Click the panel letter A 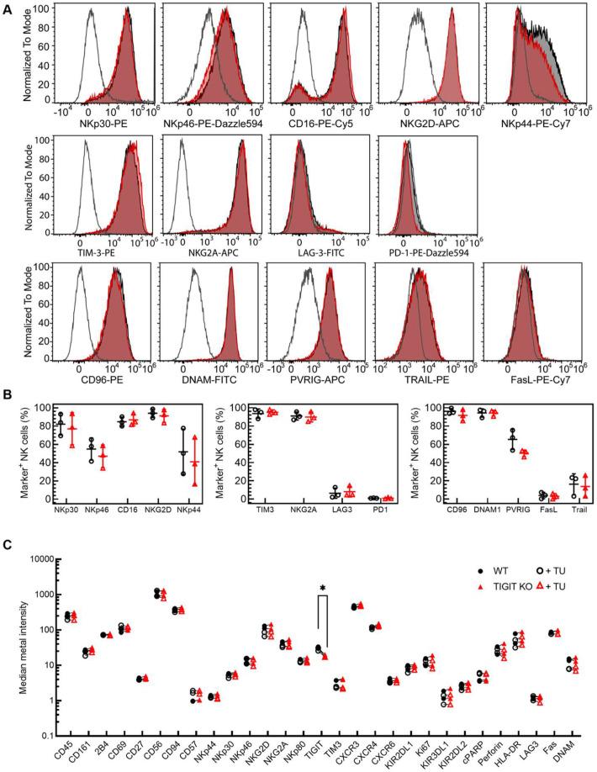pyautogui.click(x=7, y=7)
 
